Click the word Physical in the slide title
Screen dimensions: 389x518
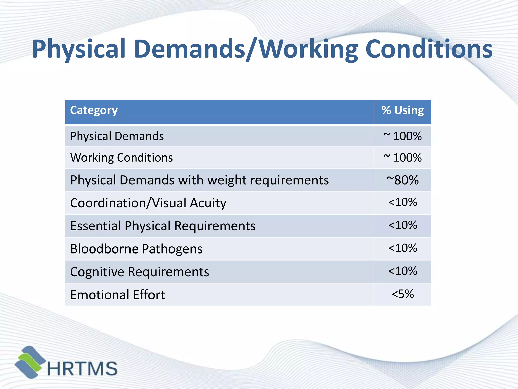pyautogui.click(x=79, y=49)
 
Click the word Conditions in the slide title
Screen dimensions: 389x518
pyautogui.click(x=429, y=49)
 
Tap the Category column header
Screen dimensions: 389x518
pyautogui.click(x=94, y=110)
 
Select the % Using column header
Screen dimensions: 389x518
pyautogui.click(x=403, y=110)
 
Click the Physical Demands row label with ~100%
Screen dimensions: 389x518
pyautogui.click(x=117, y=136)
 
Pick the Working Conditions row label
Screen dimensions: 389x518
pyautogui.click(x=121, y=158)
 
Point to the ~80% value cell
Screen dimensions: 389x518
pyautogui.click(x=403, y=180)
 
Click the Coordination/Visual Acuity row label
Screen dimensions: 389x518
pyautogui.click(x=148, y=203)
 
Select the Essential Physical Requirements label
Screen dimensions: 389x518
pyautogui.click(x=163, y=226)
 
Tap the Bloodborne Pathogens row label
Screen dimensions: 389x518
pyautogui.click(x=136, y=249)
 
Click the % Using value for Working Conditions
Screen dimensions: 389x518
pyautogui.click(x=403, y=158)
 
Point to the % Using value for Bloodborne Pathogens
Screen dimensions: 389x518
pyautogui.click(x=403, y=248)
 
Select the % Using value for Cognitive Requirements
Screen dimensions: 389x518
pyautogui.click(x=403, y=271)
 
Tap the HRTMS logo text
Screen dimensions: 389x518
pyautogui.click(x=82, y=368)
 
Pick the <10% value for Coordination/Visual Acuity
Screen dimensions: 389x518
pyautogui.click(x=403, y=202)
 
